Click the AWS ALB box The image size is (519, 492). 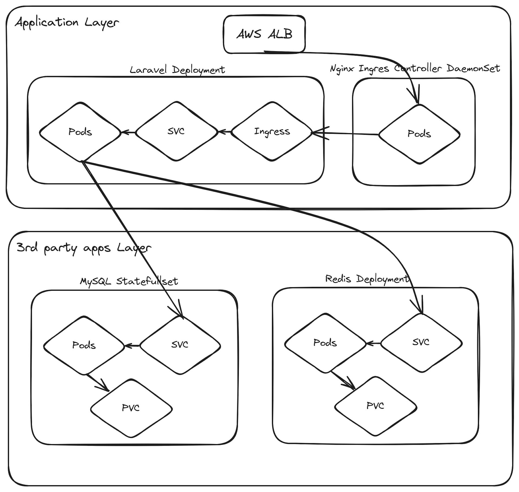[x=264, y=34]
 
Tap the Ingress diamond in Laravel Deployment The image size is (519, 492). [x=272, y=132]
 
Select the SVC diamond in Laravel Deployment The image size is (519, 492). [x=176, y=132]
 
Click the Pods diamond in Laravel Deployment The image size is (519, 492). [x=80, y=132]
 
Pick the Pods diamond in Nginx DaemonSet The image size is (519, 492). [x=419, y=134]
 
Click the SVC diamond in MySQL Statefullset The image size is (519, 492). [x=180, y=345]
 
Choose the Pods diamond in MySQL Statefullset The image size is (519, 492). [x=84, y=345]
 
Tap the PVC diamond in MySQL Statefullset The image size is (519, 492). [x=131, y=408]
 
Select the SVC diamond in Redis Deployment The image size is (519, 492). [x=421, y=342]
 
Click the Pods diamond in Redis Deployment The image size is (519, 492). [x=325, y=343]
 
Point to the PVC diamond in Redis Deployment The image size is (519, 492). [x=375, y=406]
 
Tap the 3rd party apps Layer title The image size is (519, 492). [x=84, y=248]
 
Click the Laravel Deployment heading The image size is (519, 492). [x=177, y=70]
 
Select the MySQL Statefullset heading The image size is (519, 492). [x=129, y=282]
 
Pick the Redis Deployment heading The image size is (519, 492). [x=367, y=279]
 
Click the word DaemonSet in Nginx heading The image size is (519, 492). [x=473, y=68]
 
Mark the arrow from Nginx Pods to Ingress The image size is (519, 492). [x=346, y=133]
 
